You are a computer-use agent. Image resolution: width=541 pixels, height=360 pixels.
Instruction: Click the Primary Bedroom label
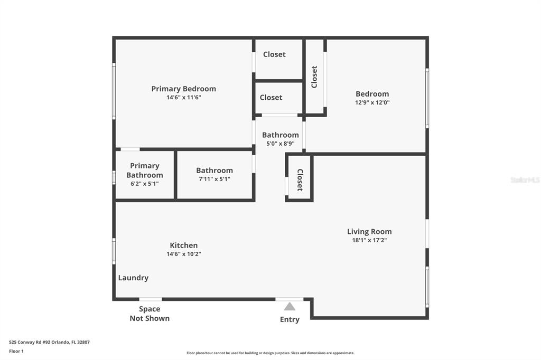183,89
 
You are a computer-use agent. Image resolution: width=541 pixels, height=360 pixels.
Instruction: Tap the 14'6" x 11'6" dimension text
183,97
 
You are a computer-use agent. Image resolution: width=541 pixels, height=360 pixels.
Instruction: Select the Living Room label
369,232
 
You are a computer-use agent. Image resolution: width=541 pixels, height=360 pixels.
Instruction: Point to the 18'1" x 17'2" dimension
369,240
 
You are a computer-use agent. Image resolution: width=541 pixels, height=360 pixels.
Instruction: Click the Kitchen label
183,245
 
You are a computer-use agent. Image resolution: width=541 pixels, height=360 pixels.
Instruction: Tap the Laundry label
133,278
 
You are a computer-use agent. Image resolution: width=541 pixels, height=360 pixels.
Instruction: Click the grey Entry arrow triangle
290,306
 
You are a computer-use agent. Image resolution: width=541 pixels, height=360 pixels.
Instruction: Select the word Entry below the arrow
290,320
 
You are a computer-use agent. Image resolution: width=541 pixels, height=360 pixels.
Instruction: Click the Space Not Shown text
150,314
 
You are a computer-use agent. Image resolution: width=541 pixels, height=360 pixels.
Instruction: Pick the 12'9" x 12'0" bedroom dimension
372,102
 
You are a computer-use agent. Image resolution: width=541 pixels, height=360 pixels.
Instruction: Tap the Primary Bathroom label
145,170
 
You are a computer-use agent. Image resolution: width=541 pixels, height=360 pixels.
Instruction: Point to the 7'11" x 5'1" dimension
214,179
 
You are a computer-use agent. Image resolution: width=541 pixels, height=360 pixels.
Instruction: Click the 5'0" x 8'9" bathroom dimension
280,144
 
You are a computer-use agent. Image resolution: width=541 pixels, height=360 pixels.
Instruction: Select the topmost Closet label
274,54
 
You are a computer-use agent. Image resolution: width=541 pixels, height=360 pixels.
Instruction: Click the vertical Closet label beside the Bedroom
314,77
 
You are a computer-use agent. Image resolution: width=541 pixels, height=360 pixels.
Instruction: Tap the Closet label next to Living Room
300,179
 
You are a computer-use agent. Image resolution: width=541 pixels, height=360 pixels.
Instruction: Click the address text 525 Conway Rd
49,343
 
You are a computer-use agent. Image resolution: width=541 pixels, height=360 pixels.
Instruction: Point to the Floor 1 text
16,352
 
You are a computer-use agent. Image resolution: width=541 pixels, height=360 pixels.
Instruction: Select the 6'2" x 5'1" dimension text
145,184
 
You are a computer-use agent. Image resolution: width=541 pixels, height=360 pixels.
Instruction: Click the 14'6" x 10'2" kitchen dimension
183,254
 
